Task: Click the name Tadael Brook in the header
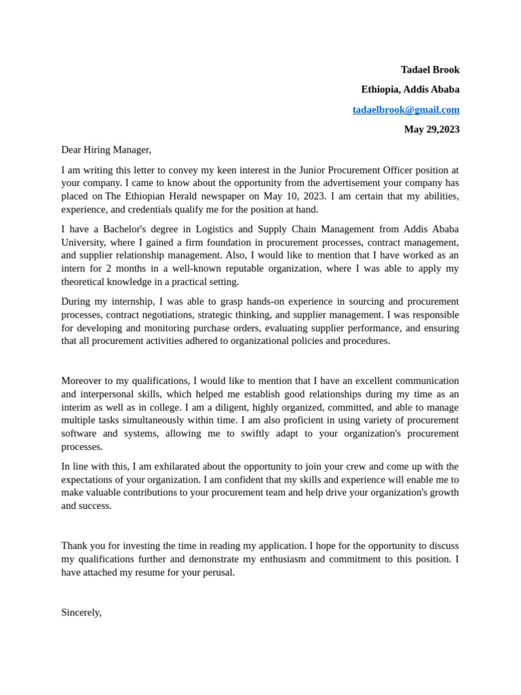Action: [x=429, y=69]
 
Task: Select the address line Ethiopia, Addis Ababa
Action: [x=410, y=89]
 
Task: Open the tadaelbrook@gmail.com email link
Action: [x=406, y=109]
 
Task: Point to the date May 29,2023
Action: [x=431, y=129]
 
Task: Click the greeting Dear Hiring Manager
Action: [x=106, y=149]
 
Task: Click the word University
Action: [x=82, y=242]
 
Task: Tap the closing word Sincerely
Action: [x=81, y=612]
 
